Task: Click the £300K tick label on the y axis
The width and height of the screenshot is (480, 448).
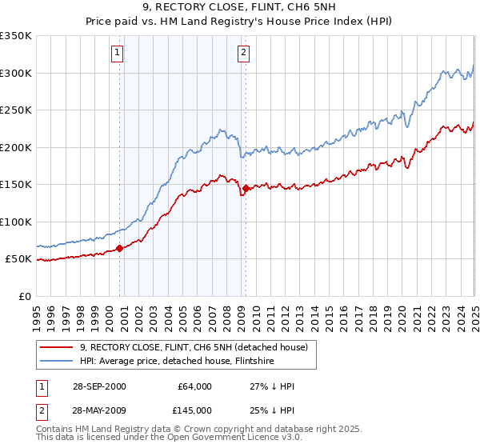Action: [16, 73]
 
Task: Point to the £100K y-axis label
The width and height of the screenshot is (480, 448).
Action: [16, 222]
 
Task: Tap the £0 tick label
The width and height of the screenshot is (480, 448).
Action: [24, 296]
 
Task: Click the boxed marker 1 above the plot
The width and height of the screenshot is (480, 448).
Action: [117, 54]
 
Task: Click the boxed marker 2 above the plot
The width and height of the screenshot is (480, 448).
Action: [242, 54]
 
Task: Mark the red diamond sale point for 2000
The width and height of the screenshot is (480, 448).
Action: [120, 248]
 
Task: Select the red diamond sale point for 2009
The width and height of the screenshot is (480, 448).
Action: [246, 188]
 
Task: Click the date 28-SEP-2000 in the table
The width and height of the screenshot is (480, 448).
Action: [98, 386]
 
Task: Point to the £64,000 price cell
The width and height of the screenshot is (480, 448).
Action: [194, 386]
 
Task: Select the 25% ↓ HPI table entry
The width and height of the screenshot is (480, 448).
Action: [273, 410]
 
